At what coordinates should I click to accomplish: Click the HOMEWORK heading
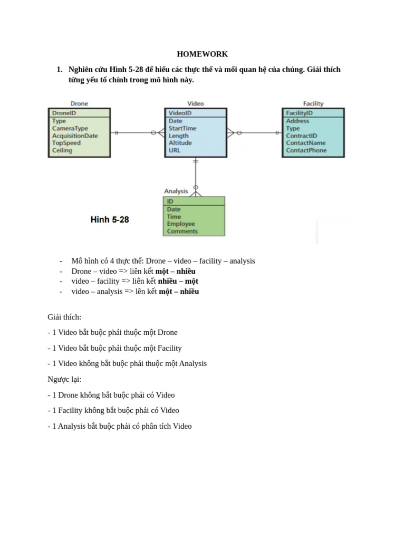[202, 54]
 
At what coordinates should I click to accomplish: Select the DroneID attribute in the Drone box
[64, 113]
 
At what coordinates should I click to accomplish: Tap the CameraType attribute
[70, 128]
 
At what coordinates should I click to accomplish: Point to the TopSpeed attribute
[66, 143]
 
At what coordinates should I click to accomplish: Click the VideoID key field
[180, 113]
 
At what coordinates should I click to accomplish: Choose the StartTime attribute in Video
[182, 128]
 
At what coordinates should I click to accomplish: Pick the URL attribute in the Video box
[175, 150]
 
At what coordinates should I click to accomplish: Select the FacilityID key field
[299, 113]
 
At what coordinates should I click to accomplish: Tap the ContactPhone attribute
[306, 150]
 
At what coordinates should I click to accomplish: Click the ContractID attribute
[301, 136]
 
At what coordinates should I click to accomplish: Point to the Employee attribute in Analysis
[180, 224]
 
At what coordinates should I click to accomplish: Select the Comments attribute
[182, 232]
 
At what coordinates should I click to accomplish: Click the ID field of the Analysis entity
[170, 201]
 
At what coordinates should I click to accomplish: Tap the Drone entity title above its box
[79, 104]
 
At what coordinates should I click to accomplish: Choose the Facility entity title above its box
[313, 104]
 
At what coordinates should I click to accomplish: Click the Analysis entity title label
[176, 191]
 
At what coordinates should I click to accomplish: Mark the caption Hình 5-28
[110, 220]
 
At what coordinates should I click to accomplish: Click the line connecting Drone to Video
[134, 133]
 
